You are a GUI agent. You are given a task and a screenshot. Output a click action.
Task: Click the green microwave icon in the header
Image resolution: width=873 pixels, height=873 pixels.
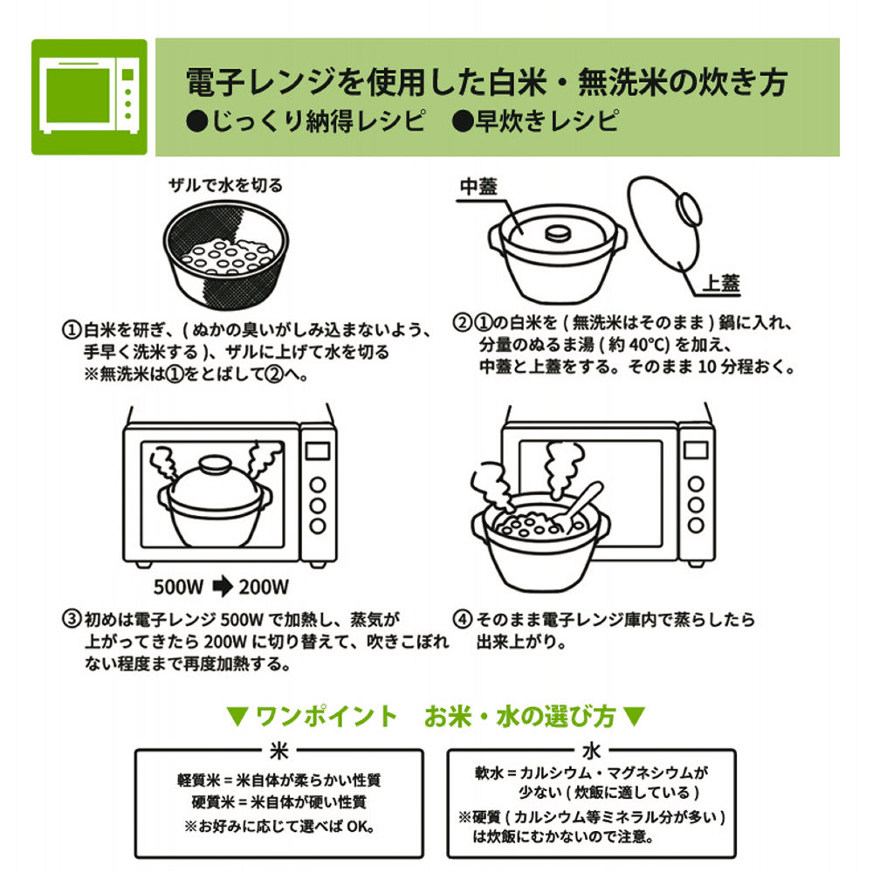click(90, 97)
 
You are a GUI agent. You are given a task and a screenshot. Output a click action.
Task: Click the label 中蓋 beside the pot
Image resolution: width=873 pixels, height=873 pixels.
click(478, 187)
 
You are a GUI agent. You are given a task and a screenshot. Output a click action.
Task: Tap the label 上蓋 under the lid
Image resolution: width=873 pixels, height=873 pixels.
click(722, 283)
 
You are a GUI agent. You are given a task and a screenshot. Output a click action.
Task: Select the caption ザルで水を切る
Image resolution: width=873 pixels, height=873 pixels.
click(225, 185)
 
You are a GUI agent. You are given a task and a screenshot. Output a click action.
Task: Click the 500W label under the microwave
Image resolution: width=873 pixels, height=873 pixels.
click(179, 585)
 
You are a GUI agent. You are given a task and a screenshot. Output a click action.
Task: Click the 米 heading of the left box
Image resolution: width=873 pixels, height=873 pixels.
click(279, 752)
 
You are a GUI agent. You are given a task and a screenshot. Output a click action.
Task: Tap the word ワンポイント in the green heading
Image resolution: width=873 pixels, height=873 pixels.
click(325, 717)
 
